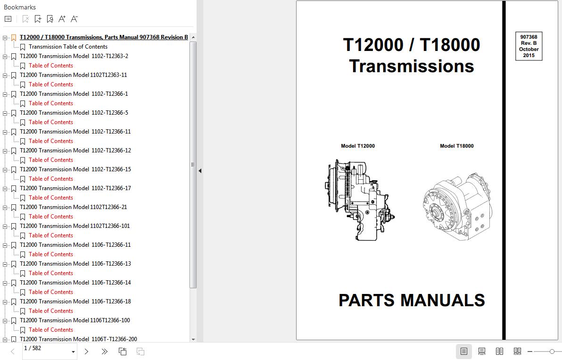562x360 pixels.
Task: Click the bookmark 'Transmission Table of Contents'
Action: click(x=68, y=47)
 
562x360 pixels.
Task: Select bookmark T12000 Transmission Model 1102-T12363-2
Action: click(x=74, y=56)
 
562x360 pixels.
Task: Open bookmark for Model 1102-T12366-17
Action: click(x=75, y=188)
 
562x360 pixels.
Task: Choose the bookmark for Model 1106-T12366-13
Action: click(x=75, y=264)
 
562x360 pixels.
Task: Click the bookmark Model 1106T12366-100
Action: click(x=75, y=320)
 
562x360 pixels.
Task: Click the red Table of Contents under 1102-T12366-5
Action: click(x=51, y=122)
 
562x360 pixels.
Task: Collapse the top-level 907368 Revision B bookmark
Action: click(x=5, y=38)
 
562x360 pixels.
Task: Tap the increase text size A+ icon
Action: click(x=62, y=19)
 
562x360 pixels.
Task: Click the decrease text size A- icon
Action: click(x=74, y=19)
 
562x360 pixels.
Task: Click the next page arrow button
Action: click(x=86, y=352)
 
